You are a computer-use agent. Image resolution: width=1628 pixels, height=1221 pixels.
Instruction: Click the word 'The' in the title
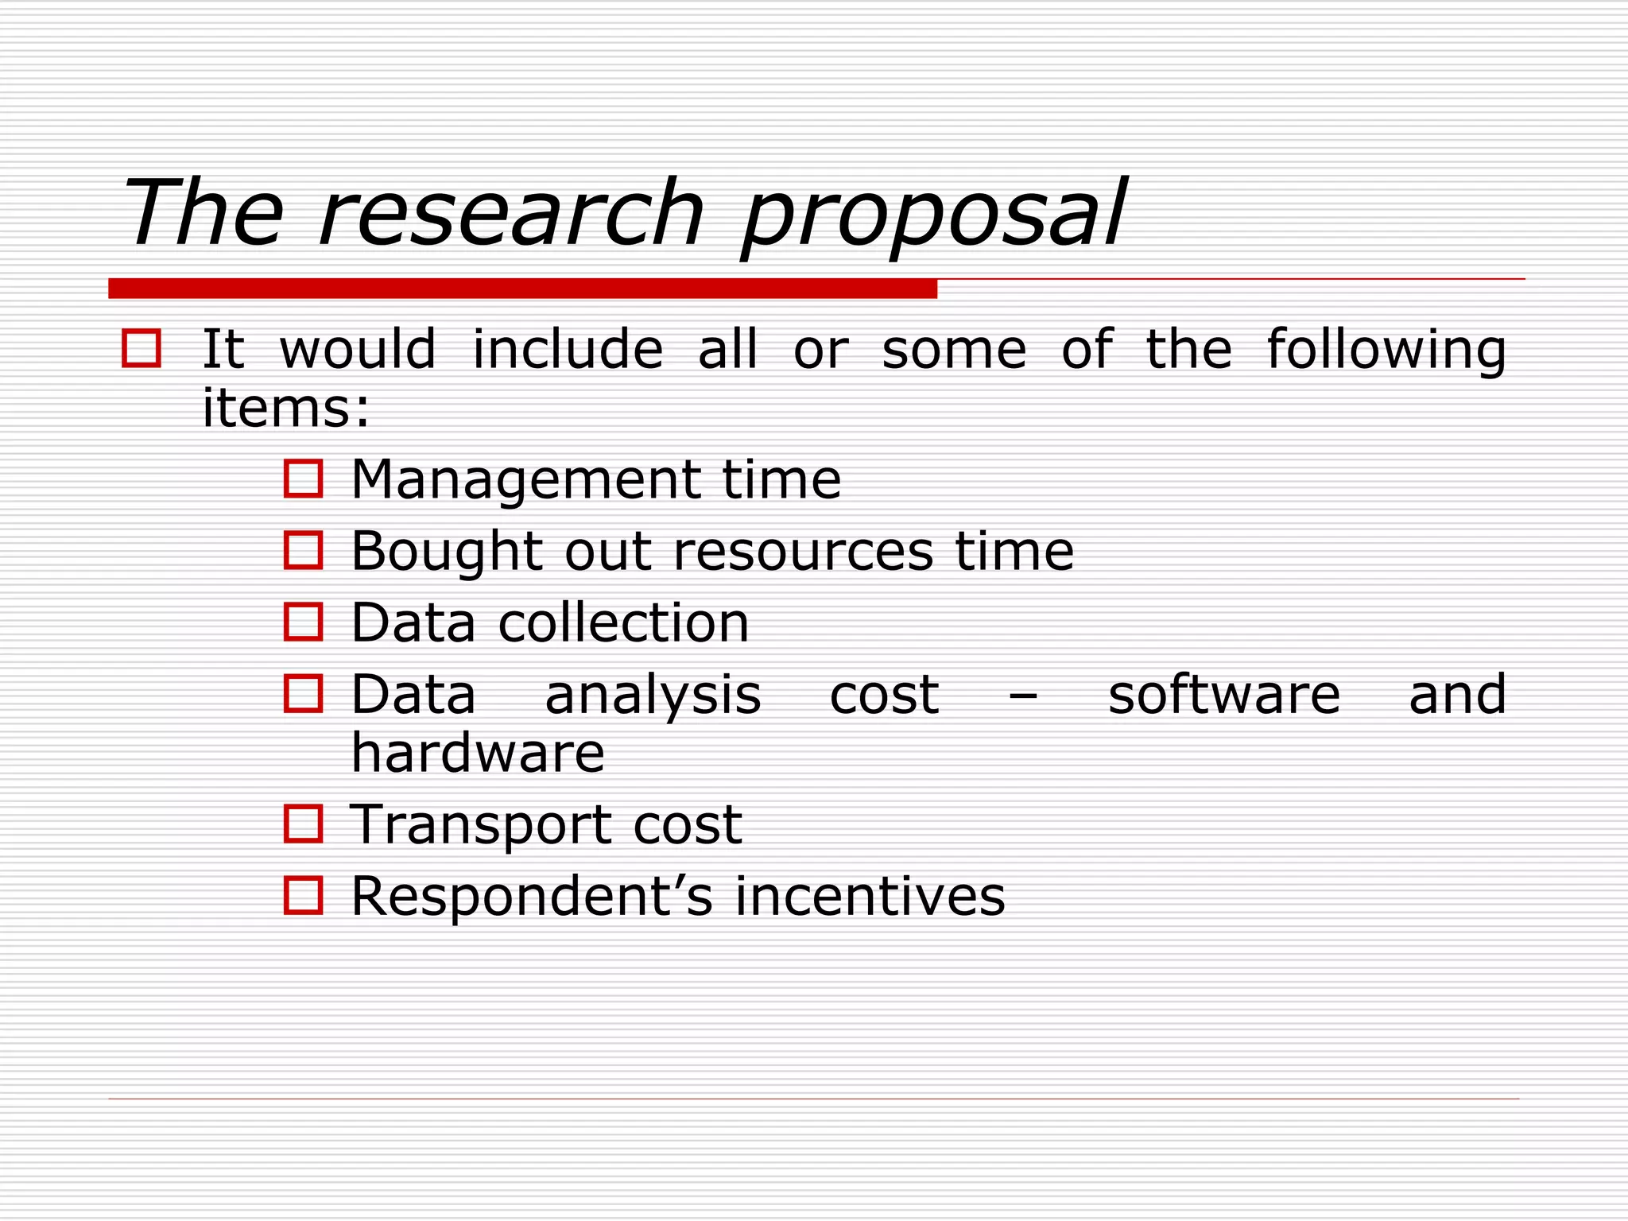pyautogui.click(x=203, y=213)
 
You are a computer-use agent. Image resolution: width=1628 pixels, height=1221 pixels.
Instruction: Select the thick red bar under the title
pyautogui.click(x=522, y=289)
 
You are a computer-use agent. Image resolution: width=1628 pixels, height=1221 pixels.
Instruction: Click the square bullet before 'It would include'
pyautogui.click(x=141, y=349)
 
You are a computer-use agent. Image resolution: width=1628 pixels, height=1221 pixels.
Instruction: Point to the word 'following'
pyautogui.click(x=1386, y=350)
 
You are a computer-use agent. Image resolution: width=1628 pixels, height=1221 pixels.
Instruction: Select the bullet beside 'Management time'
pyautogui.click(x=303, y=479)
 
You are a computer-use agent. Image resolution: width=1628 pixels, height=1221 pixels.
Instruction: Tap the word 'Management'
pyautogui.click(x=525, y=480)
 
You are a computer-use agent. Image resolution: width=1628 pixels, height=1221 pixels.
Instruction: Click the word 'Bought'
pyautogui.click(x=447, y=552)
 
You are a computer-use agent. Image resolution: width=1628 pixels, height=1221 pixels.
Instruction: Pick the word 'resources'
pyautogui.click(x=803, y=552)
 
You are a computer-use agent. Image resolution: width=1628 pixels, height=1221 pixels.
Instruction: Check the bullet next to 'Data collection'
pyautogui.click(x=303, y=622)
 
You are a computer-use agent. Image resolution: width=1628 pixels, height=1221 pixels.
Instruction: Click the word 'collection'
pyautogui.click(x=623, y=622)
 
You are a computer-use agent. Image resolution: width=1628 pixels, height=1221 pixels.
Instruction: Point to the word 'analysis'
pyautogui.click(x=653, y=696)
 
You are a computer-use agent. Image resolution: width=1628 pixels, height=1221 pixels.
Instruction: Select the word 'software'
pyautogui.click(x=1224, y=696)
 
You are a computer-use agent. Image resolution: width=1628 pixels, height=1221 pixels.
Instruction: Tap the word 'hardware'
pyautogui.click(x=478, y=754)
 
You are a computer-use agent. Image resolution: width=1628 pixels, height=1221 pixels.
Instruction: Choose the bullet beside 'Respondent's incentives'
pyautogui.click(x=303, y=895)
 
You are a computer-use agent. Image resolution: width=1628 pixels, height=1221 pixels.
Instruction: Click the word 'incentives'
pyautogui.click(x=870, y=897)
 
